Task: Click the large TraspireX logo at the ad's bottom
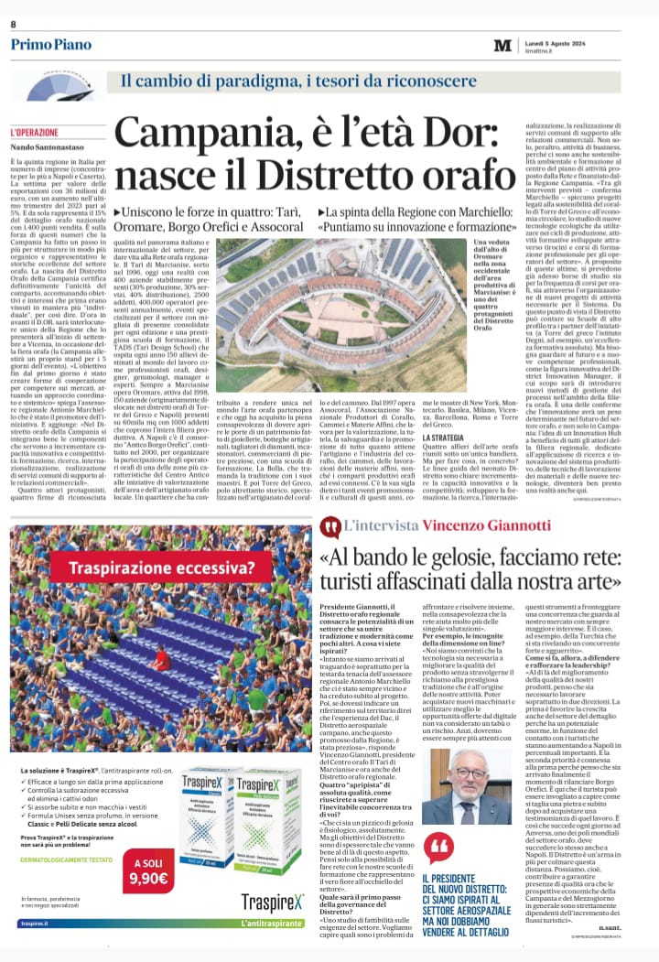coord(273,902)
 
